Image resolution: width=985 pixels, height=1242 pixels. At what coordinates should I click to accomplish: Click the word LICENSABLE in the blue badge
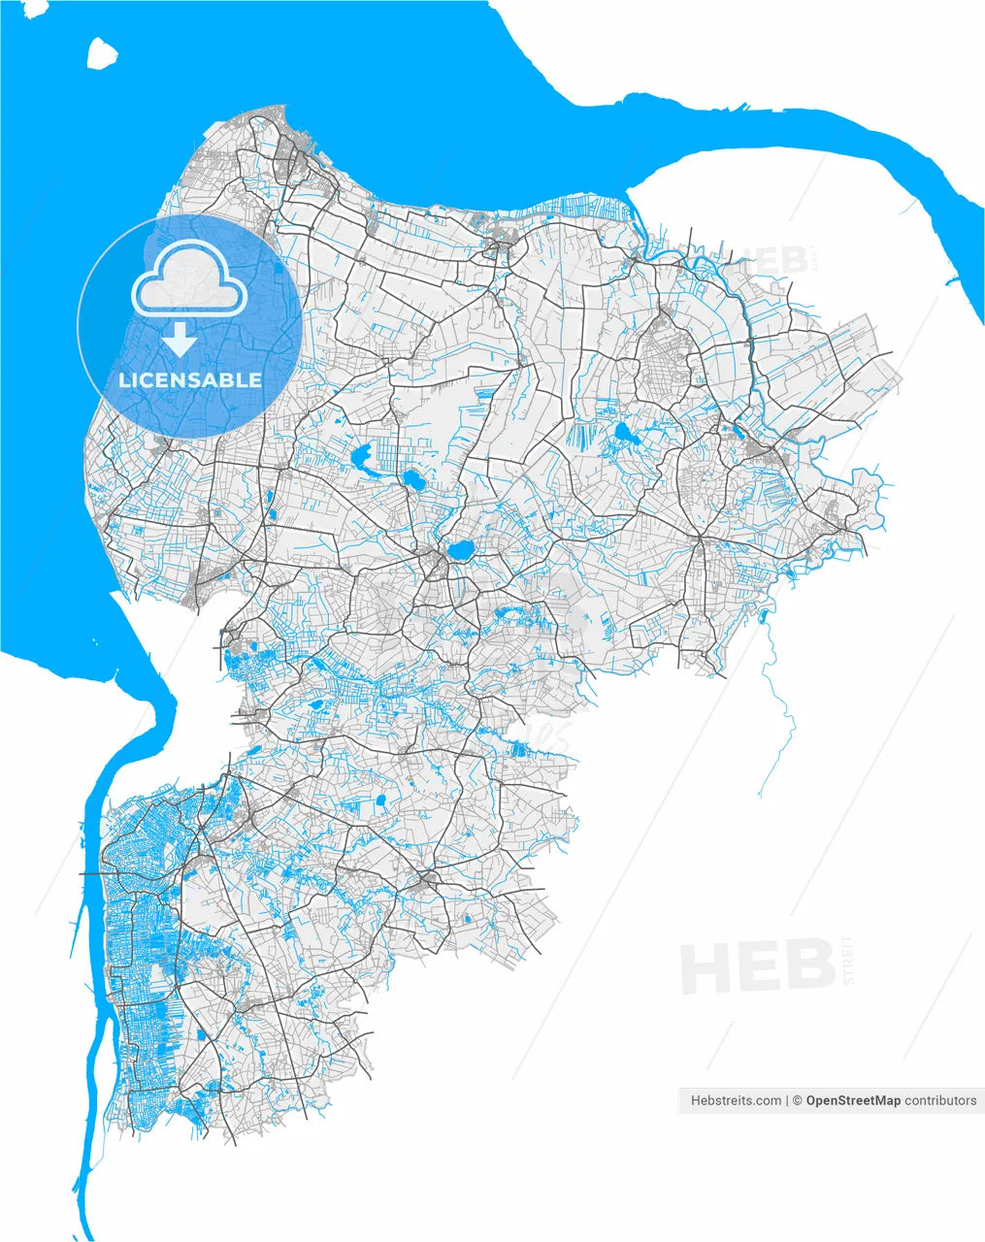pos(190,379)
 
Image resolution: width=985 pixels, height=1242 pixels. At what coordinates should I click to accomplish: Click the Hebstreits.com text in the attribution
pos(736,1100)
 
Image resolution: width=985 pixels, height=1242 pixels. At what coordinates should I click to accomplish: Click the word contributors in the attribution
pos(940,1100)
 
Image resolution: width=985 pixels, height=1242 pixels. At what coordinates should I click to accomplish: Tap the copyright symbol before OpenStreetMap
pos(797,1100)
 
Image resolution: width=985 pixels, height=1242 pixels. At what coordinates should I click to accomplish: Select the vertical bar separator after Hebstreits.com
pos(787,1100)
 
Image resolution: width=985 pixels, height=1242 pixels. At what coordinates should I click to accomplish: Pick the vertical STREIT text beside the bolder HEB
pos(850,961)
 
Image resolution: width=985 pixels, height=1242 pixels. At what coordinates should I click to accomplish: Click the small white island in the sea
pos(101,53)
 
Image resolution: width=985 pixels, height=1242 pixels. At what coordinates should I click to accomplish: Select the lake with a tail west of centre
pos(366,456)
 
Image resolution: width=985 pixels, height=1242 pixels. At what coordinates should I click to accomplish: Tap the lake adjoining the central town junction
pos(460,551)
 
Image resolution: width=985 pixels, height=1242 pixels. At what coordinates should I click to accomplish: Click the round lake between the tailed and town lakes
pos(414,478)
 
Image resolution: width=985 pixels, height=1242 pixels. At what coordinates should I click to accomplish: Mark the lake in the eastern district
pos(624,434)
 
